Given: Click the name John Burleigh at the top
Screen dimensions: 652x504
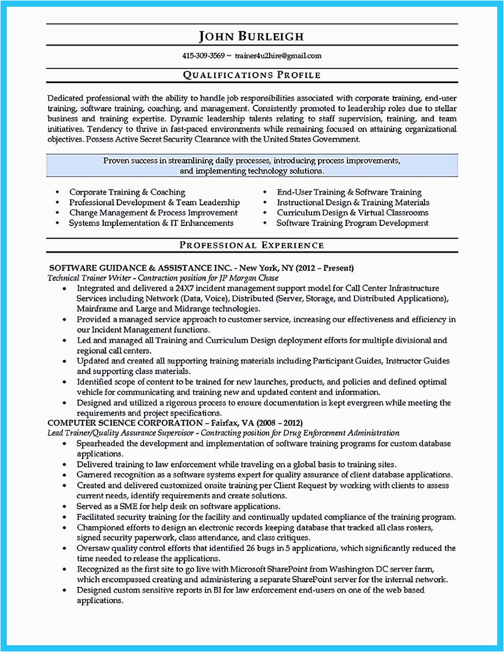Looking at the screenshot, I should point(251,37).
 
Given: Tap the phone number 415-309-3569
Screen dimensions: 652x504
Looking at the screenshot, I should point(203,55).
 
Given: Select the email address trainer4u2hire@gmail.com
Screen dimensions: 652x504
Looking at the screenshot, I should point(278,55).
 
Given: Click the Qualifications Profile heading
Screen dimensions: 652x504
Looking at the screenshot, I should point(251,75).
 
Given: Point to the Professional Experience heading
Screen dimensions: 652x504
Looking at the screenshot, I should point(251,245).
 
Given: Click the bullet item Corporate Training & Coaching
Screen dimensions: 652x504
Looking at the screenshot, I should point(127,192).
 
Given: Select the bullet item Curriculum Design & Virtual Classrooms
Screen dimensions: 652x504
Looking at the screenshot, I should point(352,213).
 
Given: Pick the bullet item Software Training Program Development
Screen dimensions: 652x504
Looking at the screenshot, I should point(352,223).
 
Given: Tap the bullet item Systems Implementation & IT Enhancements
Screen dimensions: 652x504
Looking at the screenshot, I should point(151,223).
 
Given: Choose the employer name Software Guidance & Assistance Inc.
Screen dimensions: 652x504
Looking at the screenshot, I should point(141,268).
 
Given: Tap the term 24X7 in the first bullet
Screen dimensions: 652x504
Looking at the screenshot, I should point(171,288).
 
